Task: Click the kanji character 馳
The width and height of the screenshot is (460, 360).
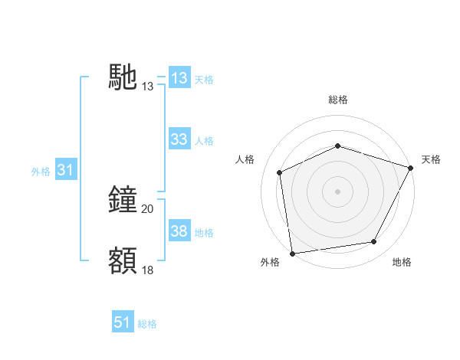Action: (x=123, y=78)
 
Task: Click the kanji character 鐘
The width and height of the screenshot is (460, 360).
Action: (x=123, y=198)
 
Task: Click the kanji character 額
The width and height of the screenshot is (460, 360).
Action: (x=123, y=260)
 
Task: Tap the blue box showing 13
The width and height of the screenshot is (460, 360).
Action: (x=179, y=78)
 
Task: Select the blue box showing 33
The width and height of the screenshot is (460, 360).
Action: (x=179, y=139)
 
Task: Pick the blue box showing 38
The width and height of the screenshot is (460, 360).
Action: (x=179, y=231)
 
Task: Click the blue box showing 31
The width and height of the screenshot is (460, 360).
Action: (x=65, y=171)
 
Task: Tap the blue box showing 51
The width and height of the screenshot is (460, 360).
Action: (x=123, y=323)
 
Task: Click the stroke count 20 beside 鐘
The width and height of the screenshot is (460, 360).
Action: (x=148, y=208)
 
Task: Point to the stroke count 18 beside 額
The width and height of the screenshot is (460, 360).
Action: (x=148, y=270)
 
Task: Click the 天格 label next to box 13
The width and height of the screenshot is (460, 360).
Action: (x=204, y=80)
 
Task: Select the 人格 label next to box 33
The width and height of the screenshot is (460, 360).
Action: (x=204, y=141)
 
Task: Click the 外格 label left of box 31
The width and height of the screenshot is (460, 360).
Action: (x=41, y=172)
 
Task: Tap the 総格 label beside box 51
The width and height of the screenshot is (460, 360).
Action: (x=147, y=324)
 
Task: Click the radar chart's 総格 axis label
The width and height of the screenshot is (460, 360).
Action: (x=337, y=100)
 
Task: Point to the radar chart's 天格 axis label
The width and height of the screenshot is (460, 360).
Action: (x=431, y=159)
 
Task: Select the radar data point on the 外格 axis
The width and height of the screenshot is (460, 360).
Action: (x=292, y=252)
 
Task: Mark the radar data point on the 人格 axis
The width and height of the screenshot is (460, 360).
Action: (x=280, y=172)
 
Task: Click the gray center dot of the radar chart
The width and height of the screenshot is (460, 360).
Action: (x=337, y=191)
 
